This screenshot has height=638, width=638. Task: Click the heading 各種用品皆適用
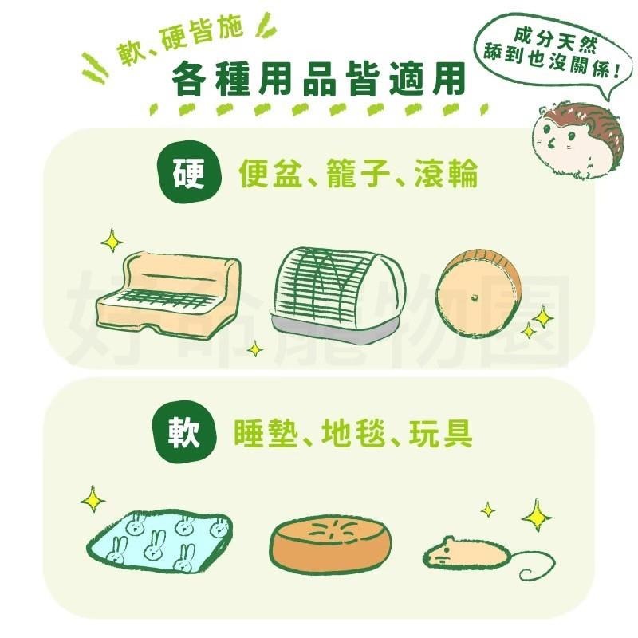click(319, 80)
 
